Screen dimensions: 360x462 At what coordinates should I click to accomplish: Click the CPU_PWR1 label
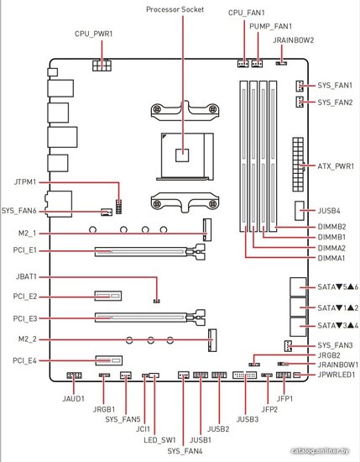94,34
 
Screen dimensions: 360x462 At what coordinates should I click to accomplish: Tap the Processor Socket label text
175,9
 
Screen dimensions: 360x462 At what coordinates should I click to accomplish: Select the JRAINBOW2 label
293,40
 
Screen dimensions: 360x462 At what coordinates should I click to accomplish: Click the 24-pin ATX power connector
298,164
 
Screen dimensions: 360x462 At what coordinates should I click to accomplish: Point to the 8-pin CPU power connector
102,66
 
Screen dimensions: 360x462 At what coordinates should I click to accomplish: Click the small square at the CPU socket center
182,155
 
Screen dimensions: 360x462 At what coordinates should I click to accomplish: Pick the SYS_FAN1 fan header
300,86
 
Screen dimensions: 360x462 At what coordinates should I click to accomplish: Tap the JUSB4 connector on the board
300,211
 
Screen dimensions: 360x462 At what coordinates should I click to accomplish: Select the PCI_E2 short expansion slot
108,296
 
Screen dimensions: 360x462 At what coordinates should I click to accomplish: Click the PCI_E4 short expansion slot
108,360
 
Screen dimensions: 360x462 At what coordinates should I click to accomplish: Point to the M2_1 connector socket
207,230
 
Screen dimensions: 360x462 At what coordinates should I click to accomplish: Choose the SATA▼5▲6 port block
298,286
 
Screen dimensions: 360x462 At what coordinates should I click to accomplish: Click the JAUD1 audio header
74,375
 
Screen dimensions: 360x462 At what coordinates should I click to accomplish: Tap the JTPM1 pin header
119,207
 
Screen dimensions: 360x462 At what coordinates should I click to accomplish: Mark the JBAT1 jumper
157,301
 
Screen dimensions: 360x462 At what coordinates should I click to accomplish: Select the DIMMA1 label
331,259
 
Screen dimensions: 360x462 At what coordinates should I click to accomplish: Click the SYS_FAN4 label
185,451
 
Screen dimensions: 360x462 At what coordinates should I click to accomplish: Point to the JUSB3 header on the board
244,375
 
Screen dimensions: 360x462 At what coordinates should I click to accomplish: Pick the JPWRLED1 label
337,375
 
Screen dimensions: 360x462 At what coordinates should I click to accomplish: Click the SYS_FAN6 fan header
107,212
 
